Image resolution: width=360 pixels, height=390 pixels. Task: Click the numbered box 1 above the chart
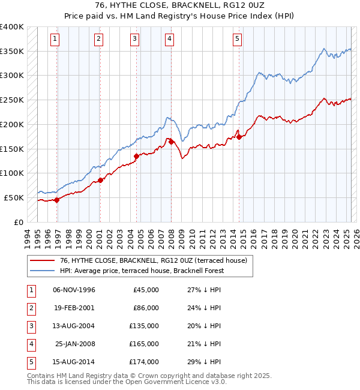[x=55, y=40]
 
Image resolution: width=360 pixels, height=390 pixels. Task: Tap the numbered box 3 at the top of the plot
[x=135, y=40]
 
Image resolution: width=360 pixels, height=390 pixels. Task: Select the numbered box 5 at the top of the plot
[x=238, y=40]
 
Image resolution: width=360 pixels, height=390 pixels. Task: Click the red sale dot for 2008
[x=171, y=142]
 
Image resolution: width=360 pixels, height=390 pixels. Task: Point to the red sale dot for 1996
[x=56, y=200]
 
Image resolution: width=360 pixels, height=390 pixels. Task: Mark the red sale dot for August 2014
[x=239, y=137]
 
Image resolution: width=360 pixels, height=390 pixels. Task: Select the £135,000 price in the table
[x=145, y=326]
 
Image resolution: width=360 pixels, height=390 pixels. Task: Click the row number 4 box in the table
[x=30, y=344]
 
